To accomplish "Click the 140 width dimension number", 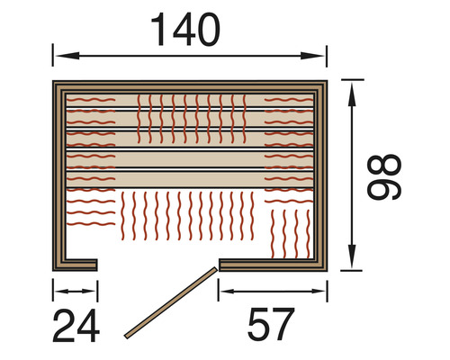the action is [185, 30].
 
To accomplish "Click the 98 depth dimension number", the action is [384, 177].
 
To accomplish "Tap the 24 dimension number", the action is [76, 326].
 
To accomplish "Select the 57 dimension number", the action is [270, 324].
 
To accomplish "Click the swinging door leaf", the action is [170, 302].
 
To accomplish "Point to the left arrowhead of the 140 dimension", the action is [67, 56].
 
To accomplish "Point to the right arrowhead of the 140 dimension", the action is [312, 56].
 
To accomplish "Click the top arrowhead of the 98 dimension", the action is [352, 94].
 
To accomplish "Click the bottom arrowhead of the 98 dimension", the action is [352, 256].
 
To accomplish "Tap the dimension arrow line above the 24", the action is [76, 291].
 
